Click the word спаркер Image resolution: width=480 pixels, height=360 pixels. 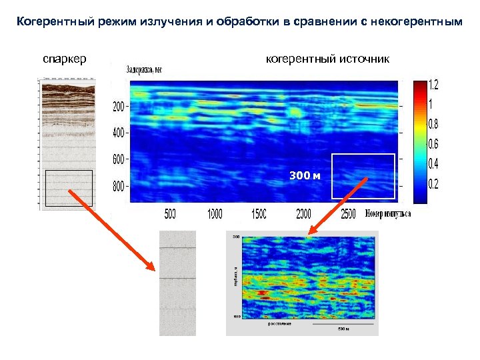[65, 59]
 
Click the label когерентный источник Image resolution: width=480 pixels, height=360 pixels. [327, 59]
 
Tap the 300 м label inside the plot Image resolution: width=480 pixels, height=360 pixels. [305, 175]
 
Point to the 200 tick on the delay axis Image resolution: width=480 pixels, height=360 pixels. [118, 107]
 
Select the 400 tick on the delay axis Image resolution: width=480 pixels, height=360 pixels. [118, 133]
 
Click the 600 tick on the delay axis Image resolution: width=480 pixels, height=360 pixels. [118, 160]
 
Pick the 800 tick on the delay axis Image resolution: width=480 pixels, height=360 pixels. [118, 187]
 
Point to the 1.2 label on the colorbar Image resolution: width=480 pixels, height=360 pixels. [433, 86]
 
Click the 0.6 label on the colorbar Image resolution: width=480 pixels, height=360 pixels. [433, 144]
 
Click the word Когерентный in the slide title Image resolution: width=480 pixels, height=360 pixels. [53, 22]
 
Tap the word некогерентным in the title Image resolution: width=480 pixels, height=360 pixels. [419, 22]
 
